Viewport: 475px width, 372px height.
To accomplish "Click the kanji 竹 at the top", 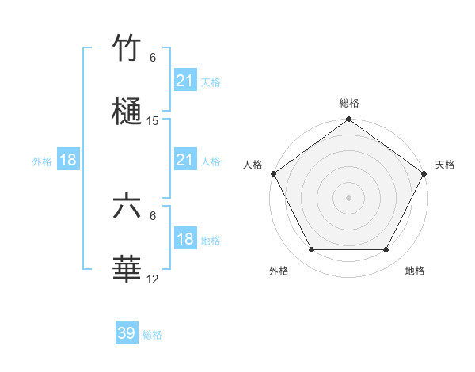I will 127,49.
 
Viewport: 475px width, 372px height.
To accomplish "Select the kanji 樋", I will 127,112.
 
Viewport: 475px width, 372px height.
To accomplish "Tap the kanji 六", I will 127,207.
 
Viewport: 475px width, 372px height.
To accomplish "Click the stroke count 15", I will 153,121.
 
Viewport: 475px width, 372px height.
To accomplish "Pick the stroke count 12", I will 153,279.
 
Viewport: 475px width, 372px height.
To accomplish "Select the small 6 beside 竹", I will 153,58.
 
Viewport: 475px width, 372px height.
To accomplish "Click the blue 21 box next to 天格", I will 184,81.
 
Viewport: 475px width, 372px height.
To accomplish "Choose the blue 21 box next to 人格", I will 184,160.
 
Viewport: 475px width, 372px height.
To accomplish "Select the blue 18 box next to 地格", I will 184,239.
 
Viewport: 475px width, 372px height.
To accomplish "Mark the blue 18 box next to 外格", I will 68,160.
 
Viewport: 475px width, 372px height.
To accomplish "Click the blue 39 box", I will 127,333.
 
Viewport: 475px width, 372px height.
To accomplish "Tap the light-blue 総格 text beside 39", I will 152,334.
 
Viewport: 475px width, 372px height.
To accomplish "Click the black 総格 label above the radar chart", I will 348,103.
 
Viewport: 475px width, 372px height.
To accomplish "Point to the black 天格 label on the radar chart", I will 446,165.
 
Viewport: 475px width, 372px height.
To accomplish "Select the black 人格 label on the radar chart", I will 253,165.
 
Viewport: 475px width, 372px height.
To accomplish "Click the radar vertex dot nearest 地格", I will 386,250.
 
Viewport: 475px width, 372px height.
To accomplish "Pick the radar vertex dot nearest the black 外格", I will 311,250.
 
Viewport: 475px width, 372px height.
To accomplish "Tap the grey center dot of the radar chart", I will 348,197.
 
